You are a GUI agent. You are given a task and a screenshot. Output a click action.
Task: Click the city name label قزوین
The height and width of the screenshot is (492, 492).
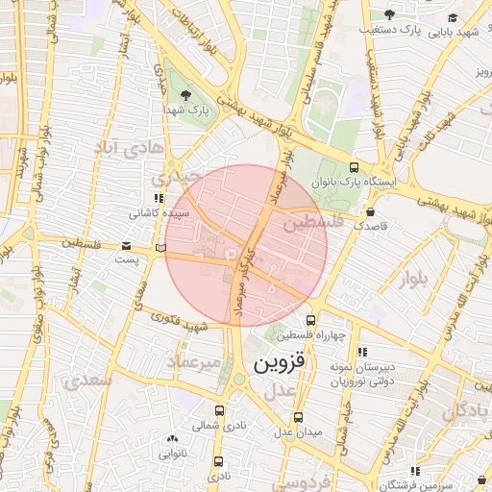pyautogui.click(x=279, y=364)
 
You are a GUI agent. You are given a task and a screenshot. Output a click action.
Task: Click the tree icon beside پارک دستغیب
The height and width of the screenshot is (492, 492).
pyautogui.click(x=389, y=13)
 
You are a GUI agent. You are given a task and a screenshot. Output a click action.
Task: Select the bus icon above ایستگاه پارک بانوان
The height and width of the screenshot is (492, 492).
pyautogui.click(x=355, y=166)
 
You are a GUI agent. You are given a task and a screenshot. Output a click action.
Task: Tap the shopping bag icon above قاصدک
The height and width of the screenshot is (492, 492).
pyautogui.click(x=371, y=211)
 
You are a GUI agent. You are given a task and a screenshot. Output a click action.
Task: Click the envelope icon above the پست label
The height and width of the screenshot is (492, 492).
pyautogui.click(x=127, y=246)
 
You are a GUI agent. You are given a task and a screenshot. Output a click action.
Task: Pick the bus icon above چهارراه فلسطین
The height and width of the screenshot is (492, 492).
pyautogui.click(x=309, y=321)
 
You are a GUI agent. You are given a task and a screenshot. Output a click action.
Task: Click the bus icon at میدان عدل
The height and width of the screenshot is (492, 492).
pyautogui.click(x=298, y=417)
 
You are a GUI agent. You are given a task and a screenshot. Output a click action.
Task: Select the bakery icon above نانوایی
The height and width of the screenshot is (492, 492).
pyautogui.click(x=171, y=437)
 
